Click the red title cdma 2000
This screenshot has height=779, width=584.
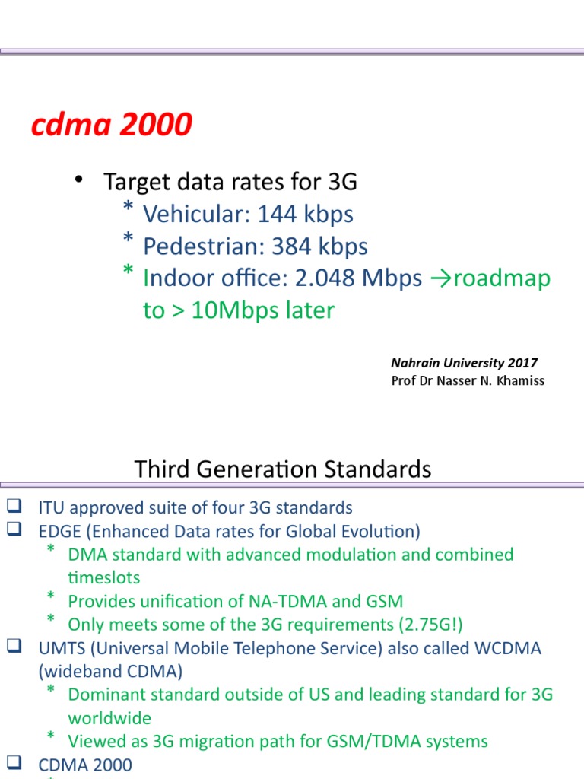(111, 125)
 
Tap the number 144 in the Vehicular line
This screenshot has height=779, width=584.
(278, 215)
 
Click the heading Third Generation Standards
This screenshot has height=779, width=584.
(283, 469)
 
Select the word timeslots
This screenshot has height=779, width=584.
(104, 577)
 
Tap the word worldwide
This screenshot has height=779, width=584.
(109, 718)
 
